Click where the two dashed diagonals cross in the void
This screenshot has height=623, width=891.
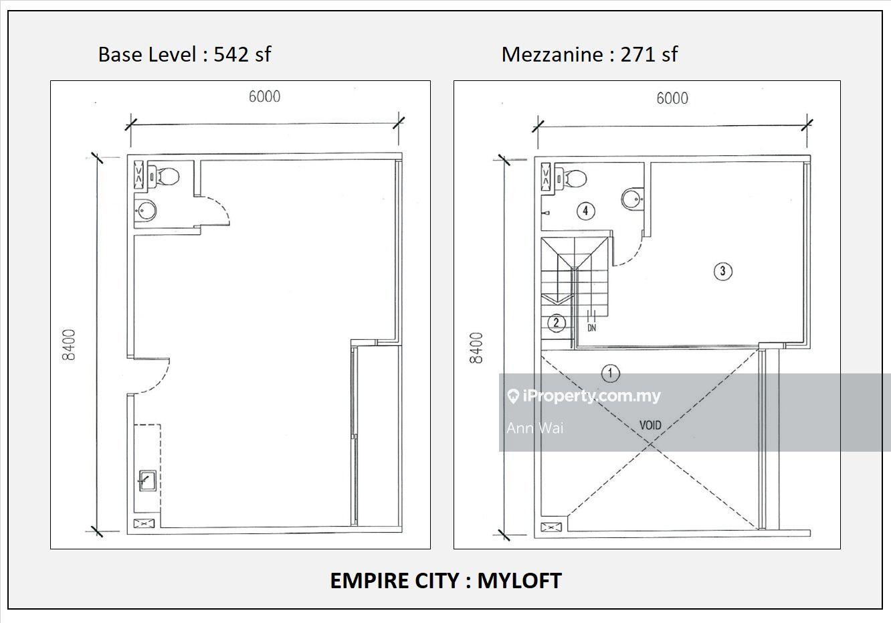650,444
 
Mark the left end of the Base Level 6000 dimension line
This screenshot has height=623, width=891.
131,124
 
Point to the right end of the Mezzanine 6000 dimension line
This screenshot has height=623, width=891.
807,125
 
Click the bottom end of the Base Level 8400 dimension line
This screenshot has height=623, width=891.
97,531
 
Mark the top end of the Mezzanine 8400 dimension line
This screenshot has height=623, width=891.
504,160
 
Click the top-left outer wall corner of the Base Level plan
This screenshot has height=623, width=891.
127,155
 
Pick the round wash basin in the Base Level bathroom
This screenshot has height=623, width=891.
146,209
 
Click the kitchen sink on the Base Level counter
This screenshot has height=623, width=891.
147,480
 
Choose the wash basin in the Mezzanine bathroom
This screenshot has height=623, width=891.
633,197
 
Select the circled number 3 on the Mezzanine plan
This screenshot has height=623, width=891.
722,271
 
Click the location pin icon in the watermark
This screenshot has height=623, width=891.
513,396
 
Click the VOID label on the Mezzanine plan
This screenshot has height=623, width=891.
650,426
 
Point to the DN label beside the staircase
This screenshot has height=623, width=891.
592,328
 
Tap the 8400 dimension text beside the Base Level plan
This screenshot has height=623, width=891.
69,345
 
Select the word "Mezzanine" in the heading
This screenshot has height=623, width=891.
552,54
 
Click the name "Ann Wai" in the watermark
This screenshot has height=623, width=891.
535,428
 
